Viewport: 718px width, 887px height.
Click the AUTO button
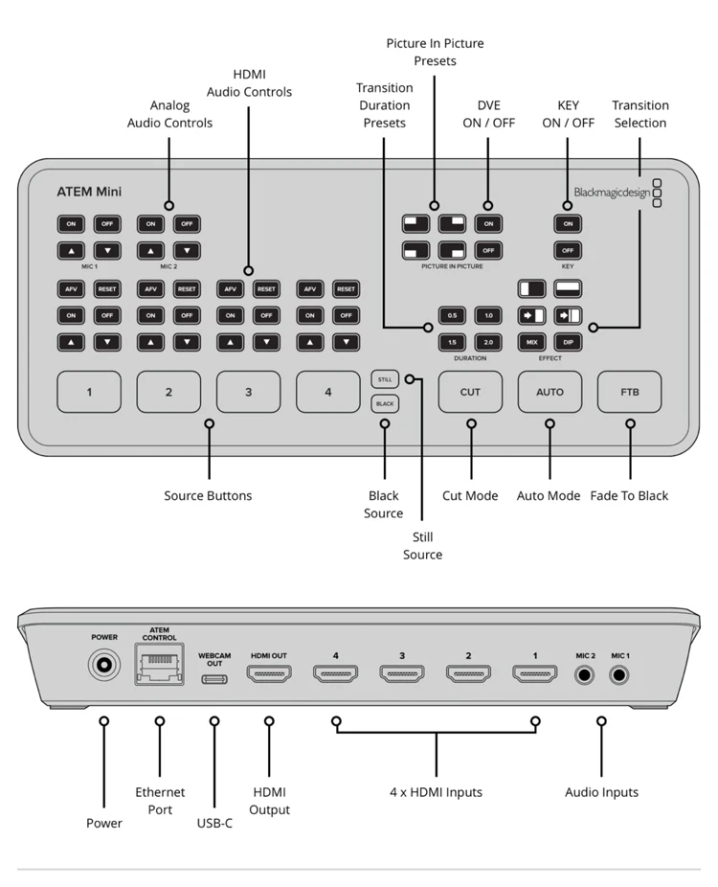pyautogui.click(x=550, y=392)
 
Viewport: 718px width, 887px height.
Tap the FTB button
pyautogui.click(x=629, y=392)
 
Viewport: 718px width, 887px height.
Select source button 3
pyautogui.click(x=248, y=392)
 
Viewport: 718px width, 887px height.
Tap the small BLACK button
pyautogui.click(x=385, y=404)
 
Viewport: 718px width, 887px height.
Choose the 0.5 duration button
pyautogui.click(x=452, y=316)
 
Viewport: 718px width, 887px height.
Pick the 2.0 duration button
pyautogui.click(x=488, y=342)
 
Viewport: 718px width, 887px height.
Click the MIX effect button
pyautogui.click(x=532, y=342)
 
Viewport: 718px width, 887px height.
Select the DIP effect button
pyautogui.click(x=569, y=342)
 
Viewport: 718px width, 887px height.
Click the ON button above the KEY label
pyautogui.click(x=568, y=224)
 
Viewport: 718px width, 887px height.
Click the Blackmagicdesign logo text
pyautogui.click(x=613, y=193)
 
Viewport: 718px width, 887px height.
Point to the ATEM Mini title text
pyautogui.click(x=89, y=192)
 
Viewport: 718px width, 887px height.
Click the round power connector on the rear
pyautogui.click(x=104, y=665)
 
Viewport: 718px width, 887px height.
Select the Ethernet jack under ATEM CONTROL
pyautogui.click(x=160, y=665)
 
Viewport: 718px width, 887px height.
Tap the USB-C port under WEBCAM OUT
pyautogui.click(x=214, y=679)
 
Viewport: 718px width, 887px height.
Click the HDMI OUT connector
pyautogui.click(x=269, y=673)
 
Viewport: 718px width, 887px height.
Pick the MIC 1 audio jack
pyautogui.click(x=619, y=675)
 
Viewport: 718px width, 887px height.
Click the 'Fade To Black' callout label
pyautogui.click(x=629, y=496)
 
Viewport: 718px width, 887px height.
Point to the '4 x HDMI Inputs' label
pyautogui.click(x=436, y=792)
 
